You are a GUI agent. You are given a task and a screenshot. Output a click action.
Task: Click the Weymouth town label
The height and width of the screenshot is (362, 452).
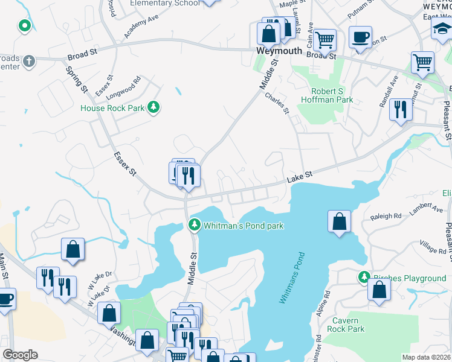pos(279,51)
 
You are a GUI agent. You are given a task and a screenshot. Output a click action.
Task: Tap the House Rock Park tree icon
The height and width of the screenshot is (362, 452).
pos(154,107)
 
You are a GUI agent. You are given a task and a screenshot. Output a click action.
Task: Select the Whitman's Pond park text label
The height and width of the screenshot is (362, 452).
pos(244,226)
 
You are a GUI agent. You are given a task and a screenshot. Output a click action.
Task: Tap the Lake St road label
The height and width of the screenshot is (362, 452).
pos(299,175)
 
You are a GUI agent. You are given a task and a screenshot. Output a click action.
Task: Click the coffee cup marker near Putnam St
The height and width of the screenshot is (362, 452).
pos(361,37)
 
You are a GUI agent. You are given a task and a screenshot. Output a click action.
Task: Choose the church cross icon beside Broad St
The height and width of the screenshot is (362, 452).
pos(29,61)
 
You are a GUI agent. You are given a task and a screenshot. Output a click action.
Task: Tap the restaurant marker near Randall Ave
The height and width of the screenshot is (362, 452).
pos(400,109)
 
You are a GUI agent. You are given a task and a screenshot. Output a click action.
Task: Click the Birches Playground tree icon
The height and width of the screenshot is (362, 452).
pos(364,278)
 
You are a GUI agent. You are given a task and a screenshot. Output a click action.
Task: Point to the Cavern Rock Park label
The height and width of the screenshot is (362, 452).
pos(346,325)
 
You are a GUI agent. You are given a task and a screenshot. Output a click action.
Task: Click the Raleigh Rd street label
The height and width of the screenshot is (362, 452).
pos(389,215)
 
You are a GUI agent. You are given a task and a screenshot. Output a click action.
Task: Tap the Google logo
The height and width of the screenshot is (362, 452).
pos(20,355)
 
